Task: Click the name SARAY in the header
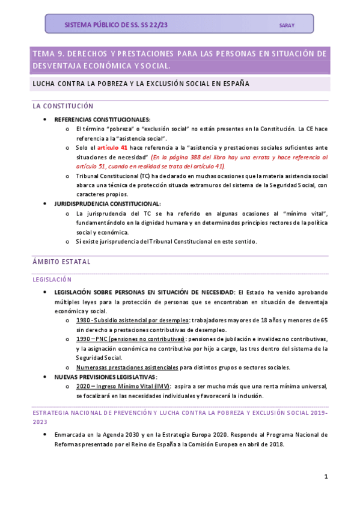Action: [x=287, y=25]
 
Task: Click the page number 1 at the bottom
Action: [x=326, y=476]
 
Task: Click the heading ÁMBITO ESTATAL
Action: [x=61, y=262]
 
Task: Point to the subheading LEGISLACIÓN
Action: [x=52, y=279]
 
